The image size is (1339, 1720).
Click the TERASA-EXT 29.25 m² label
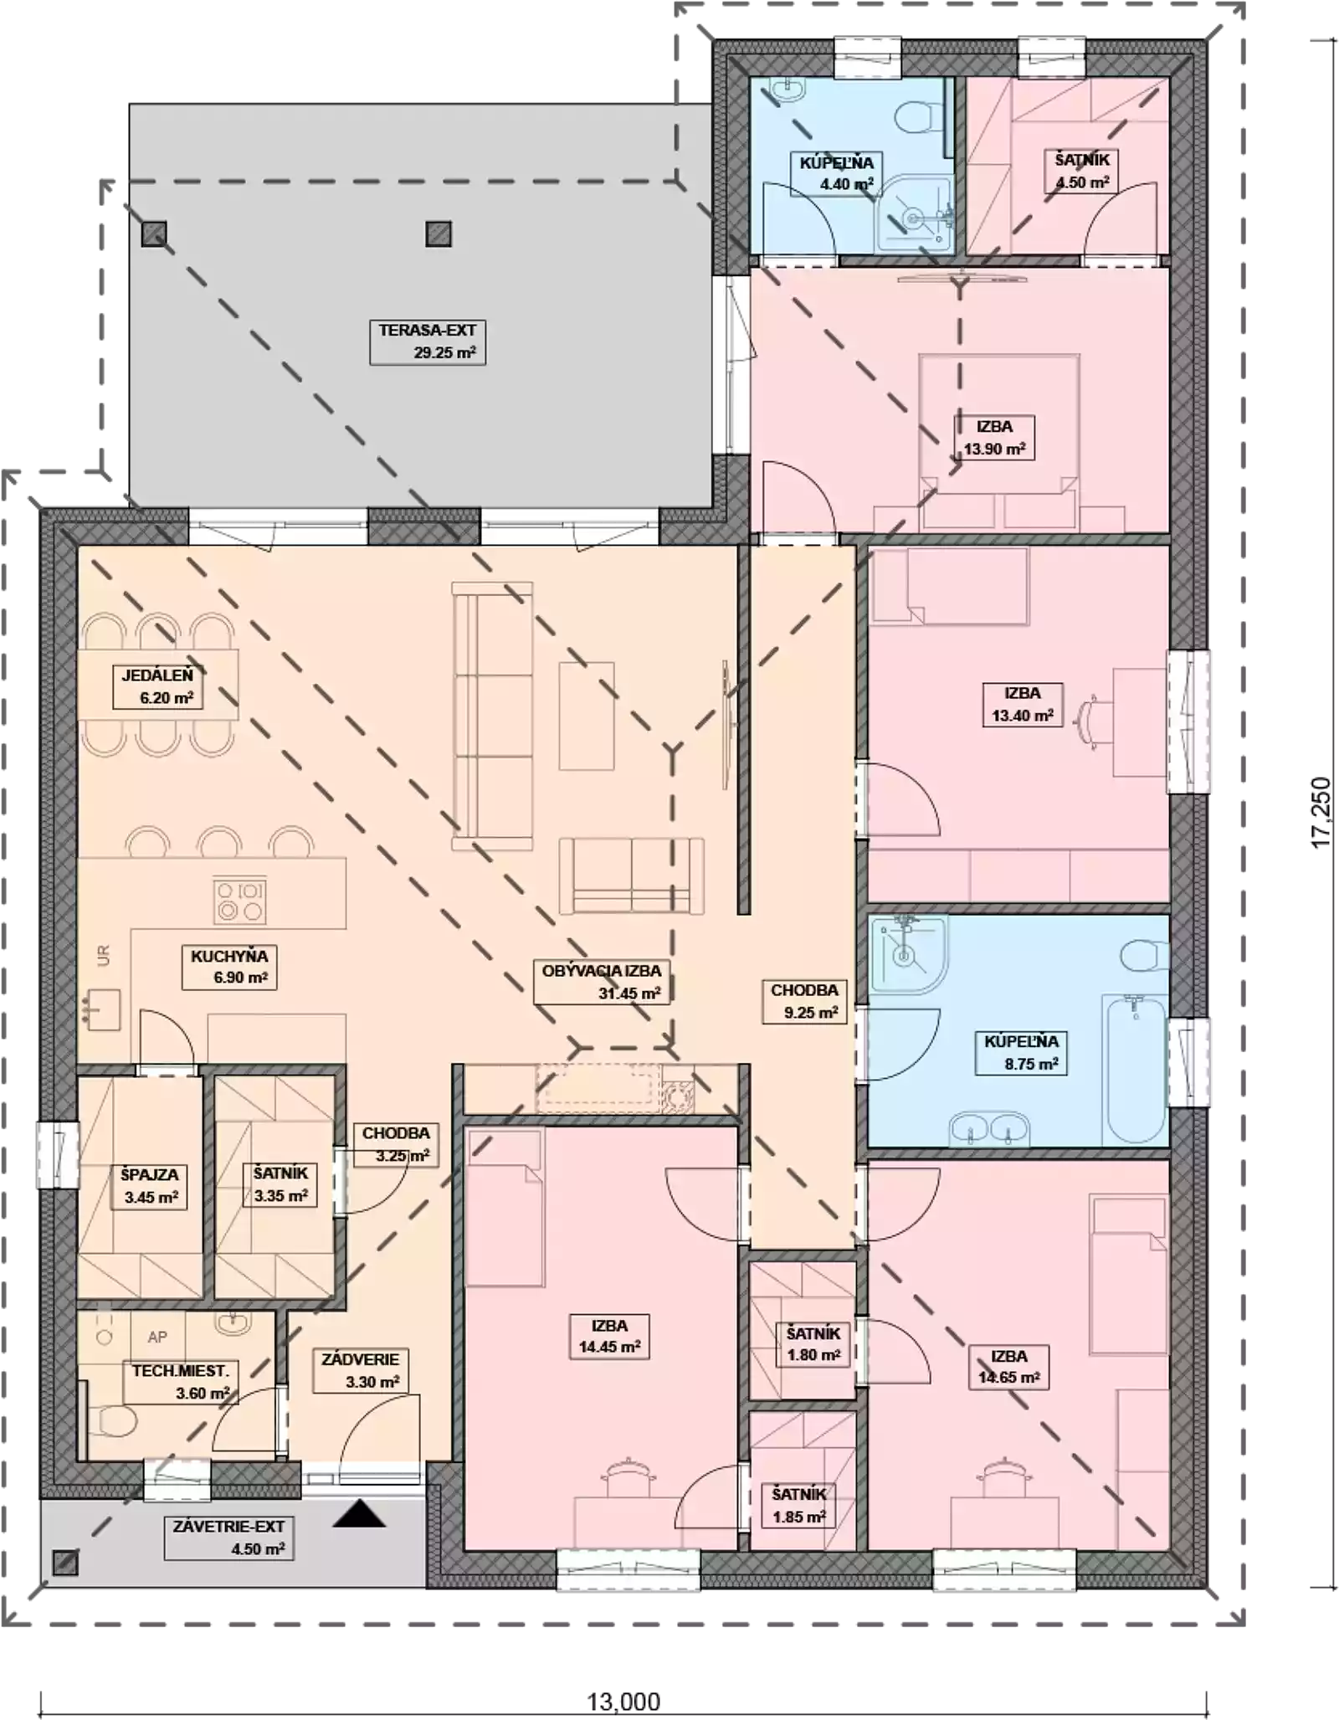coord(428,341)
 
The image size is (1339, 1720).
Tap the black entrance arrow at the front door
coord(359,1513)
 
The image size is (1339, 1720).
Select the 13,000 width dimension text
coord(623,1702)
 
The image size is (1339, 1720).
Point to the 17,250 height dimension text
coord(1321,812)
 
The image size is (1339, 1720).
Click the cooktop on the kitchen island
coord(240,900)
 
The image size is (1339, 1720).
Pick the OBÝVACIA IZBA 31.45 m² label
coord(602,982)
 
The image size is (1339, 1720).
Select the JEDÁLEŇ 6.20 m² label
coord(158,686)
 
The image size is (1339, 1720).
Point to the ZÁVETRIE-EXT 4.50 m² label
coord(228,1538)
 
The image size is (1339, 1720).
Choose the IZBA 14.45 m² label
coord(610,1336)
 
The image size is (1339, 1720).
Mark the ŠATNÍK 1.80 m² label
coord(813,1343)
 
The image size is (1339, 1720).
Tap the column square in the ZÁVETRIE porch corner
coord(65,1562)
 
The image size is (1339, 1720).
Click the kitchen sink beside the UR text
coord(101,1009)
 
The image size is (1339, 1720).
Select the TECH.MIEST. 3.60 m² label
coord(180,1381)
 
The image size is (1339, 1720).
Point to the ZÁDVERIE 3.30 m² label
coord(361,1370)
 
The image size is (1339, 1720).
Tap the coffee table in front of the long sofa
coord(587,716)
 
